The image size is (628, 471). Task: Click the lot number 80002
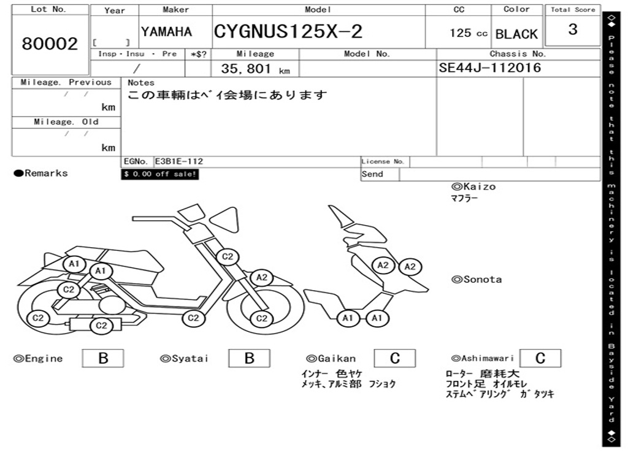click(50, 44)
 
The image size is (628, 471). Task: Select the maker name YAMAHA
click(167, 32)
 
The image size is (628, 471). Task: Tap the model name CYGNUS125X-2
click(288, 31)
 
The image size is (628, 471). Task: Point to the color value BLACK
click(516, 34)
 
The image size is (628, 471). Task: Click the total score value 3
click(573, 29)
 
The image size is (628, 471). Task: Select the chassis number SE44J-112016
click(490, 67)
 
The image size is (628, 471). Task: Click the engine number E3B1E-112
click(179, 161)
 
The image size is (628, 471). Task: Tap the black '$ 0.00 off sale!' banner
click(160, 174)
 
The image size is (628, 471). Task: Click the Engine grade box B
click(103, 358)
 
